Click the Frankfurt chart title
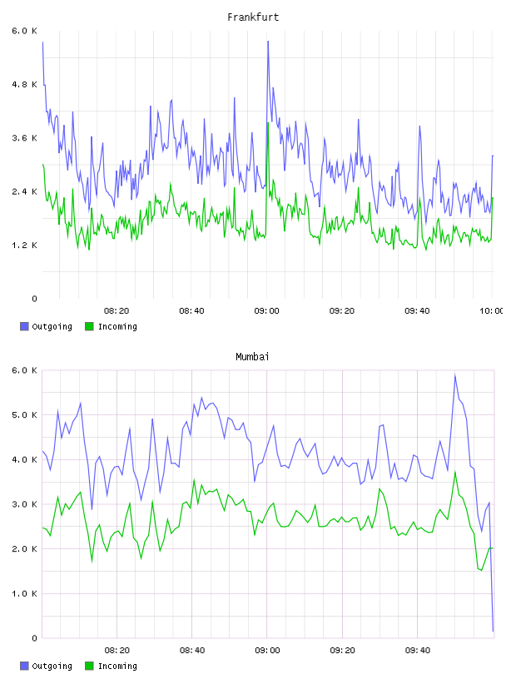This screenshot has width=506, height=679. click(x=253, y=17)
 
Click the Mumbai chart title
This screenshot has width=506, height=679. click(x=252, y=357)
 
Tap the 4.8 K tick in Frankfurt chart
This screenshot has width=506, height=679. click(x=24, y=84)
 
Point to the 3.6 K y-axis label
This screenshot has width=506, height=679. click(x=24, y=138)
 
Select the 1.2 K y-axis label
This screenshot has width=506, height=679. click(x=24, y=245)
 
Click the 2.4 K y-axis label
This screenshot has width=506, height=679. click(x=24, y=192)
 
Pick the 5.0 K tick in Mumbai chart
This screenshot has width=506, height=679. click(x=24, y=415)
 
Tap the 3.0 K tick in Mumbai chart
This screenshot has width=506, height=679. click(x=24, y=504)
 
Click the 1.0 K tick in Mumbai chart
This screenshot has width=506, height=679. click(x=24, y=593)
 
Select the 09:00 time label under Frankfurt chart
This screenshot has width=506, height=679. click(x=267, y=311)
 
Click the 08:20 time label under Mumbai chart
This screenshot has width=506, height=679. click(x=117, y=651)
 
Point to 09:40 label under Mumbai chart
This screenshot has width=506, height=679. click(x=418, y=651)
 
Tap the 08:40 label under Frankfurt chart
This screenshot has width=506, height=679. click(x=191, y=311)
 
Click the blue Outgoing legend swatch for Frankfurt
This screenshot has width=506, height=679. click(x=24, y=326)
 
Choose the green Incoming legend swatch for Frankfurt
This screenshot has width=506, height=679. click(x=89, y=326)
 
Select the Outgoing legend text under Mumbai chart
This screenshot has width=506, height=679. click(x=52, y=666)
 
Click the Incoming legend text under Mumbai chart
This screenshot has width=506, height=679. click(x=117, y=666)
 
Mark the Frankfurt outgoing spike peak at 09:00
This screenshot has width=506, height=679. click(x=268, y=42)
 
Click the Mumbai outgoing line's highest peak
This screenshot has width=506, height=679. click(x=455, y=375)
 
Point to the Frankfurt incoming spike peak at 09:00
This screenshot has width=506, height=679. click(x=268, y=123)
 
